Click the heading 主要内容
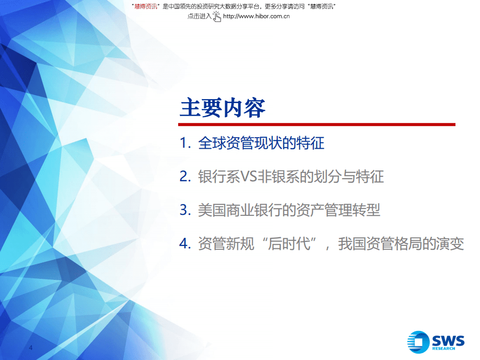[222, 107]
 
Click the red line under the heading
[317, 124]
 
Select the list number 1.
[184, 144]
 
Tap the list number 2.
[184, 177]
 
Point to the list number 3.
[184, 210]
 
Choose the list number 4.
[184, 244]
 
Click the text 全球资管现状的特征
[261, 144]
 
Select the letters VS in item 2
[248, 177]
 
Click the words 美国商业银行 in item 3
[235, 210]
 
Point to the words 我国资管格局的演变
[401, 244]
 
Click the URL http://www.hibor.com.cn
[256, 16]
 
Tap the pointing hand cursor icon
[217, 16]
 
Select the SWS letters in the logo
[448, 341]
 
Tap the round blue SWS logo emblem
[418, 342]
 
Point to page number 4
[31, 348]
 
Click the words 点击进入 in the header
[199, 16]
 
